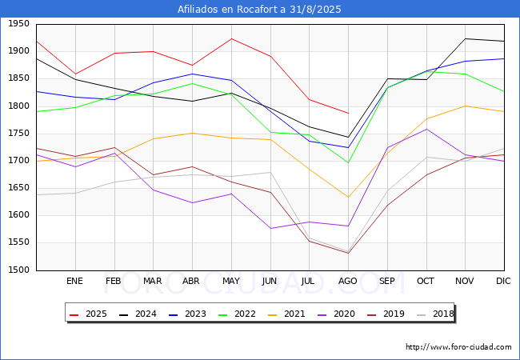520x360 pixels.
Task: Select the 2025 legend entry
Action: click(89, 314)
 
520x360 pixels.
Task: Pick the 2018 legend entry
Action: click(435, 314)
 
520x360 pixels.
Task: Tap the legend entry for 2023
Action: click(188, 314)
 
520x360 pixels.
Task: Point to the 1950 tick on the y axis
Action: click(18, 24)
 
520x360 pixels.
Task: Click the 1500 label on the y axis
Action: click(18, 270)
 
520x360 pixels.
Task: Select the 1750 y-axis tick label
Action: click(18, 134)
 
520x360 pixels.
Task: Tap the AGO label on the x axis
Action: click(347, 281)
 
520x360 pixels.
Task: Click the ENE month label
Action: click(74, 281)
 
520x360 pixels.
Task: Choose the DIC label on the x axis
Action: click(503, 281)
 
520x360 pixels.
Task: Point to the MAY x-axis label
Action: click(231, 281)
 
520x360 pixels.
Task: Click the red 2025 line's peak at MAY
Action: click(231, 38)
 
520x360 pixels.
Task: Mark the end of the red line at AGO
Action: click(348, 114)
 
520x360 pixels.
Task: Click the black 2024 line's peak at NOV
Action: click(466, 38)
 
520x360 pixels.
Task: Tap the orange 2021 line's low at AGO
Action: click(348, 198)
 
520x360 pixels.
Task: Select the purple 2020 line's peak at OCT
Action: click(426, 129)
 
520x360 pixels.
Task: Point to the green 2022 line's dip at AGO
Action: click(348, 162)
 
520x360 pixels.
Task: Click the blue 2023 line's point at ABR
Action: click(192, 74)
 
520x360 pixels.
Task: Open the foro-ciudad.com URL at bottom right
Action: click(458, 347)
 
